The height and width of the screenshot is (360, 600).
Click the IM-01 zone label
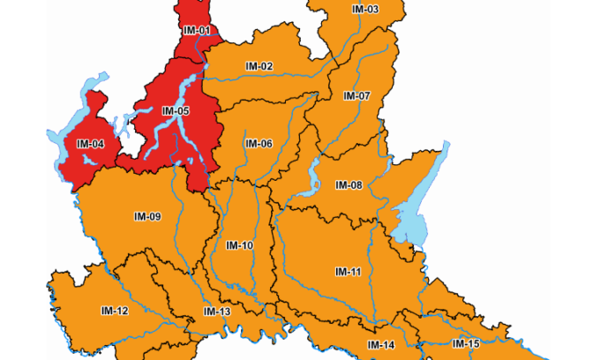[x=196, y=30]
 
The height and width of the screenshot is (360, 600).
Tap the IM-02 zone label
[x=259, y=66]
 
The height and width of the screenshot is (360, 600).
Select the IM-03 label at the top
[x=364, y=9]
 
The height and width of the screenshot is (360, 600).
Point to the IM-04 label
[x=90, y=143]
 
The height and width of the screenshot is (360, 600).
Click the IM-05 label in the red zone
[x=176, y=111]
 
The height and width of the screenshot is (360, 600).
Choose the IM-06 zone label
[x=259, y=143]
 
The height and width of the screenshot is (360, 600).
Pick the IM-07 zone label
[x=357, y=95]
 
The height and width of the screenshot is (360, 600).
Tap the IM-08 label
[x=349, y=184]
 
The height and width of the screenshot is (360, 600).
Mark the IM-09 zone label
[x=147, y=216]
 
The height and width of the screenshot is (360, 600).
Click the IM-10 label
[x=239, y=244]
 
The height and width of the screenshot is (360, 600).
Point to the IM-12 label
[x=115, y=310]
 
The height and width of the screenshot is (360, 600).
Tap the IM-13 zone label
[x=217, y=311]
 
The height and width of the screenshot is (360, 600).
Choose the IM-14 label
[x=381, y=344]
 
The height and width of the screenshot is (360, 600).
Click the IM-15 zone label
[x=466, y=342]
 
